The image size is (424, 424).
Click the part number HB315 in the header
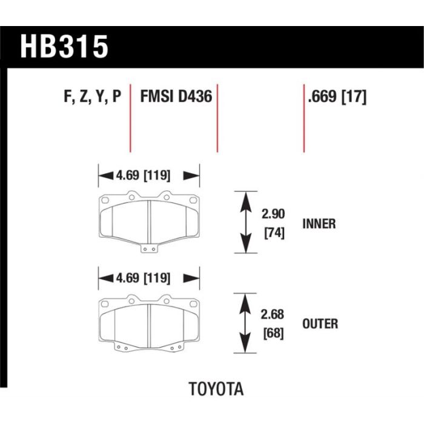[x=64, y=47]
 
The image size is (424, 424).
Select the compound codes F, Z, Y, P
[x=93, y=96]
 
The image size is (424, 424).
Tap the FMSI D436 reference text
[x=176, y=96]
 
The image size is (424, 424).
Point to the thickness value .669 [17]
[x=337, y=97]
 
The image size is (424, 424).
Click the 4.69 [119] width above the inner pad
[x=143, y=175]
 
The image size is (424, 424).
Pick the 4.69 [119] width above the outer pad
[x=143, y=278]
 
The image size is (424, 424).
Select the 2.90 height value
[x=273, y=214]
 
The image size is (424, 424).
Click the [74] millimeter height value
[x=274, y=233]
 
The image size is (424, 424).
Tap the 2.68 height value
[x=272, y=314]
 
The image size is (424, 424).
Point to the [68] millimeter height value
[x=273, y=333]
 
